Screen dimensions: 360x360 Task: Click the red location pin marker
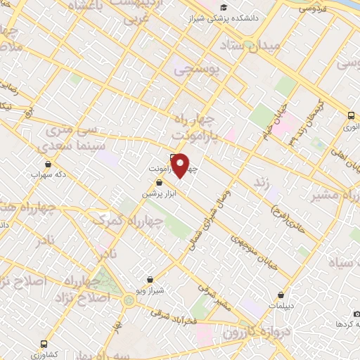pyautogui.click(x=181, y=165)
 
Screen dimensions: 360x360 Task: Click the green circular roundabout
pyautogui.click(x=128, y=300)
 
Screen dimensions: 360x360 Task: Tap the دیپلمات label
pyautogui.click(x=282, y=304)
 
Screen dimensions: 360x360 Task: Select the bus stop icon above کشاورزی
pyautogui.click(x=44, y=343)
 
